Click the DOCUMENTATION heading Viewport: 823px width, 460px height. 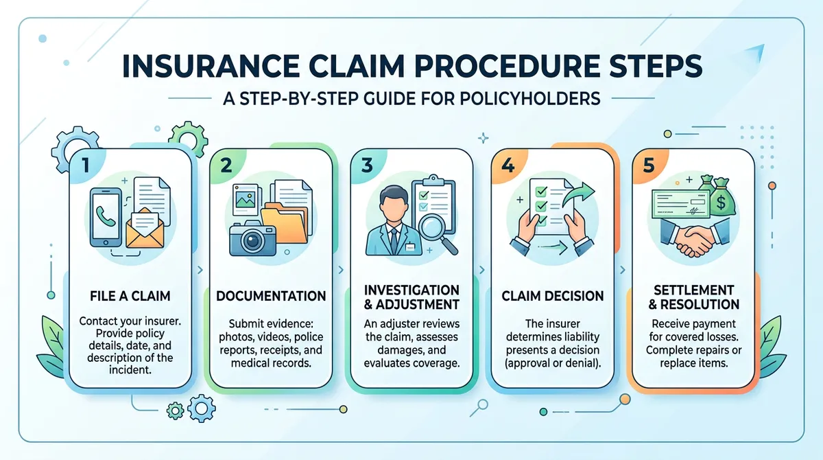(x=272, y=297)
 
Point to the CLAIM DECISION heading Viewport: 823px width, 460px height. (x=553, y=297)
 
